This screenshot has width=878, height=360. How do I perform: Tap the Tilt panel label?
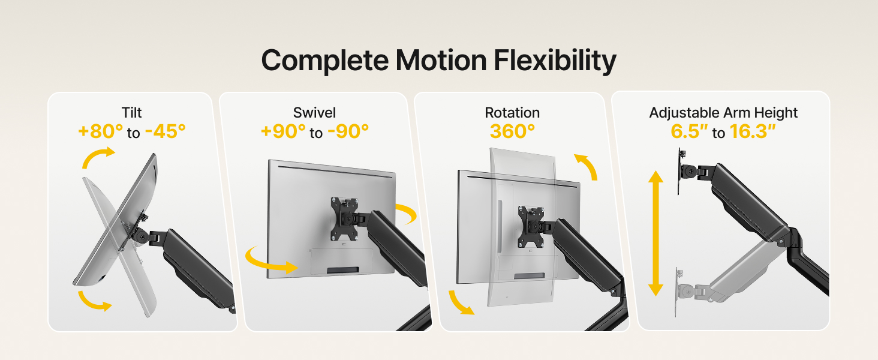click(131, 113)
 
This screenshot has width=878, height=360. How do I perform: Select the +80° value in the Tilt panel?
click(100, 131)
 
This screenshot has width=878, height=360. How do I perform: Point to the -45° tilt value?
click(165, 131)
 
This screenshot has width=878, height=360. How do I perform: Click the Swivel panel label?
click(314, 113)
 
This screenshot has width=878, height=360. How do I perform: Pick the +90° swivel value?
click(283, 131)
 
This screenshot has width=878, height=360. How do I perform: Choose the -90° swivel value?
click(348, 131)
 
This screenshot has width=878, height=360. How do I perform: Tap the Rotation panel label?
click(512, 113)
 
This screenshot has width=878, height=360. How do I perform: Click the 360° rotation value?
click(512, 131)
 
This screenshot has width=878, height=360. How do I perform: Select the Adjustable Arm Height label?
click(723, 113)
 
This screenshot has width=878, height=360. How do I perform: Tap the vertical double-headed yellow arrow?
click(656, 233)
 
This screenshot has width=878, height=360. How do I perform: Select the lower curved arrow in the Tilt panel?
click(95, 302)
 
